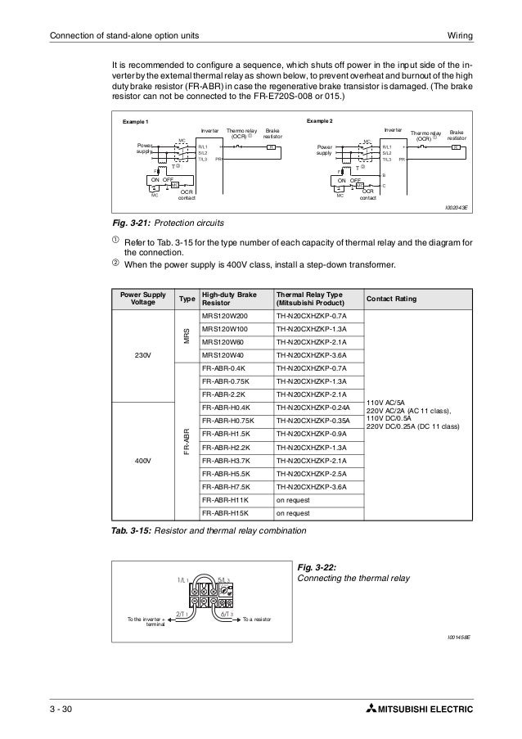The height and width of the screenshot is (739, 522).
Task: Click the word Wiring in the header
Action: (x=463, y=34)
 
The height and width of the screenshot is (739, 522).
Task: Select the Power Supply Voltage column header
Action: (x=142, y=300)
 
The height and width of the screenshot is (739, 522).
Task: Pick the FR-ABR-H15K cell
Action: (x=225, y=513)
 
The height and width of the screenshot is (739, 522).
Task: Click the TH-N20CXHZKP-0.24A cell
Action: (x=314, y=408)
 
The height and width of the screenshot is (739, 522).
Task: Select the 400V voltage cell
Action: (x=143, y=461)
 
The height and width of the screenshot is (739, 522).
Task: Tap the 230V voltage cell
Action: (x=143, y=356)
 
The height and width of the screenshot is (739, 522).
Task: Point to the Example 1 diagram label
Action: (x=136, y=122)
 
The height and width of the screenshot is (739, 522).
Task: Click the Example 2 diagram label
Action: (x=320, y=121)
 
